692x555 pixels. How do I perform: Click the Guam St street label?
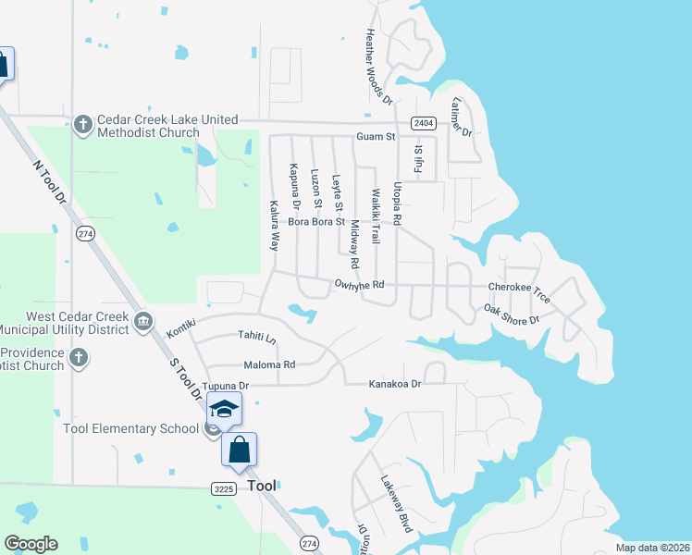[377, 137]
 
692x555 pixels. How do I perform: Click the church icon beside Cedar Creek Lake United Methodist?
[83, 125]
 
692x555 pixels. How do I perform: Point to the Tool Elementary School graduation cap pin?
[224, 409]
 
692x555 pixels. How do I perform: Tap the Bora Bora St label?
[316, 222]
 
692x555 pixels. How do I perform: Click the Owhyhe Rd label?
[358, 286]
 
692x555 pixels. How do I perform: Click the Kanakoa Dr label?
[395, 383]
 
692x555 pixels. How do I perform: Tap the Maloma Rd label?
[269, 364]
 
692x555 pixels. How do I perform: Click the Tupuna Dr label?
[226, 385]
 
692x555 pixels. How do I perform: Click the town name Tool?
[263, 486]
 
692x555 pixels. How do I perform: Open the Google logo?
[31, 544]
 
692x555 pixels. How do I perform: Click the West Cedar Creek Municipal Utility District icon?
[143, 321]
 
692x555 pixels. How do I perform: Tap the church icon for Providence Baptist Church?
[79, 357]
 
